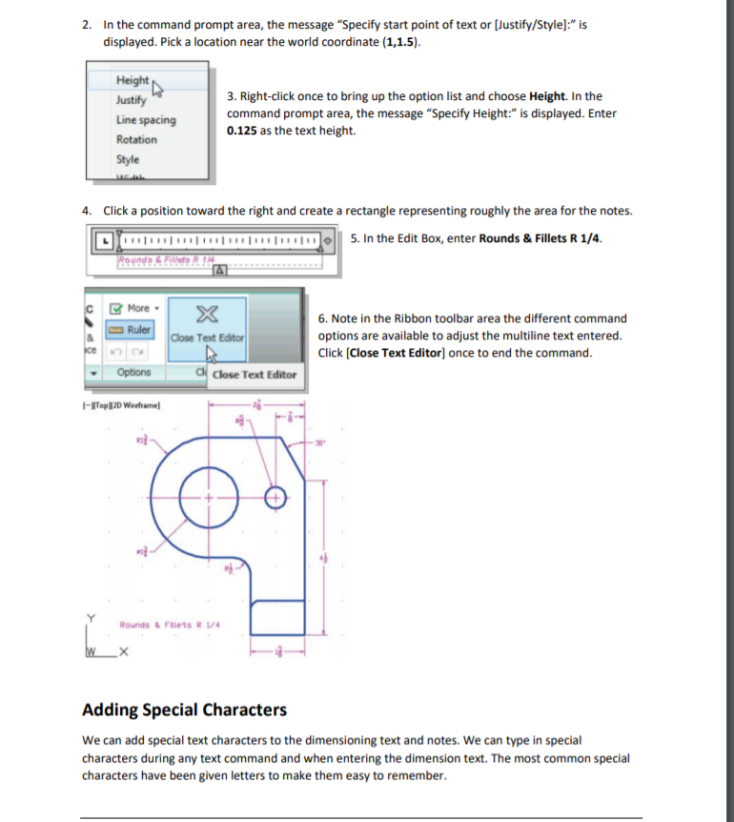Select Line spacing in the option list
point(146,120)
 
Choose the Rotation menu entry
point(136,140)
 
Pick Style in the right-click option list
point(128,159)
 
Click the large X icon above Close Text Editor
point(207,318)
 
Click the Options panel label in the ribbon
point(135,372)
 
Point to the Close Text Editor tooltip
point(254,375)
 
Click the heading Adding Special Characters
point(184,709)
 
